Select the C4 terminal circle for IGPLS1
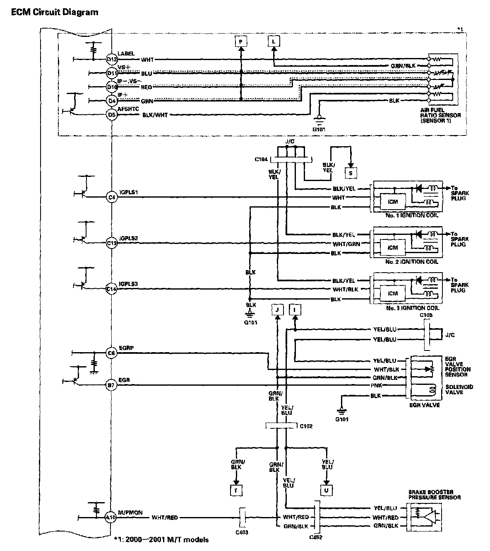(112, 198)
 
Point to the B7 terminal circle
(111, 385)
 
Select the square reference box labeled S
(351, 173)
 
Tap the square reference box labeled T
(236, 491)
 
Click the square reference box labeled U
(327, 491)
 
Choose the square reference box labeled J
(278, 310)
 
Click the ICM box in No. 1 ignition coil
(393, 202)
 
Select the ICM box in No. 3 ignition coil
(393, 293)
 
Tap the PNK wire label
(376, 385)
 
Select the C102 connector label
(306, 426)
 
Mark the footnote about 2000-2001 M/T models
(161, 539)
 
